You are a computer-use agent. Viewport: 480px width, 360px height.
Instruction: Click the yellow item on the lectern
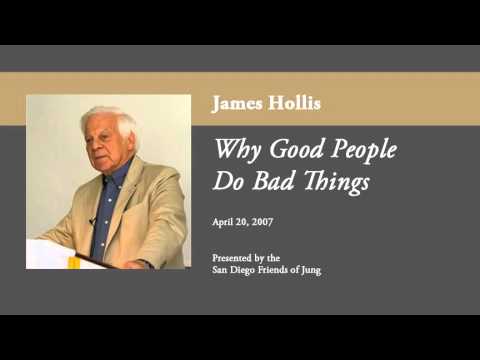coord(73,261)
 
